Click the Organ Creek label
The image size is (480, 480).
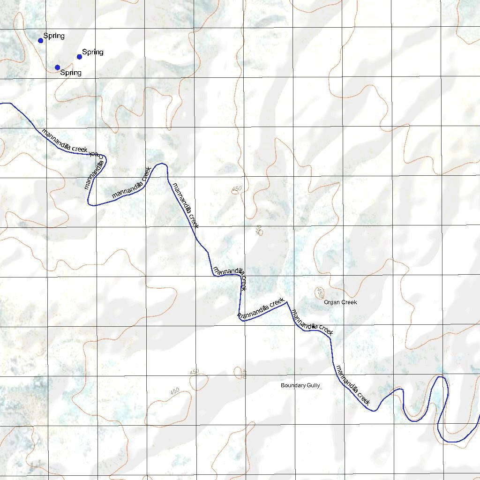(x=340, y=302)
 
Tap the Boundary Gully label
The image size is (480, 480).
(x=300, y=386)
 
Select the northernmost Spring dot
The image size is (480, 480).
(x=41, y=40)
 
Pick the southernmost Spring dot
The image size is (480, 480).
(x=57, y=67)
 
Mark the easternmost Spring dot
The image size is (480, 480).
(x=80, y=57)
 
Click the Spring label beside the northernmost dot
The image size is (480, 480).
(x=54, y=36)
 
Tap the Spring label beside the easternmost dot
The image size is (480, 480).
(x=93, y=52)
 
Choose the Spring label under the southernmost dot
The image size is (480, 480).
(x=71, y=73)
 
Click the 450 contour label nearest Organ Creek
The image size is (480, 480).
(x=320, y=293)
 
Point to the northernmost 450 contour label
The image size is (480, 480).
(x=237, y=188)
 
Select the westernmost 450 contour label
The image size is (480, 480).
(x=175, y=391)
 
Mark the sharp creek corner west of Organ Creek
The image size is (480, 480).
(x=286, y=302)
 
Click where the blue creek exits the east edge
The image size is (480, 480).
(x=479, y=415)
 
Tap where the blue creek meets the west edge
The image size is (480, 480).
(x=1, y=103)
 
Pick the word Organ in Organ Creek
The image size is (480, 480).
(x=332, y=302)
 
